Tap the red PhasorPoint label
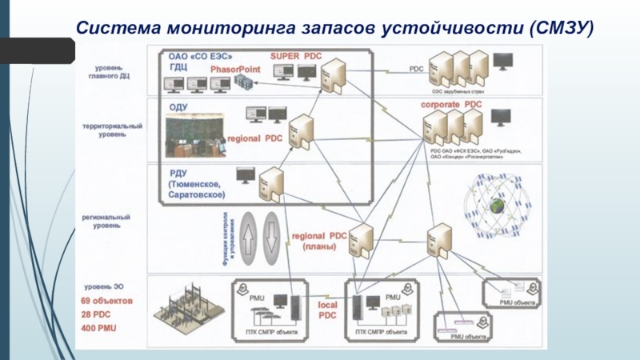(x=232, y=70)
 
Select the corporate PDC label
(x=451, y=105)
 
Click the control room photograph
(x=194, y=137)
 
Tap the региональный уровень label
(x=110, y=221)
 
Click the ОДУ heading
(x=178, y=106)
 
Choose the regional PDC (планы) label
(x=319, y=241)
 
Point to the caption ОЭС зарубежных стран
(x=458, y=91)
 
